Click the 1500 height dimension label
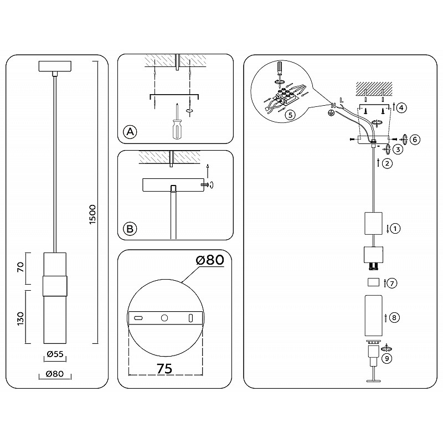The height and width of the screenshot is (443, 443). (x=92, y=214)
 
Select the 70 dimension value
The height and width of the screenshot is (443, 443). (x=21, y=267)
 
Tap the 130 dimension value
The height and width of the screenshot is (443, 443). (x=21, y=318)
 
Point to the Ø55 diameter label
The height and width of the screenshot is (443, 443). (x=55, y=354)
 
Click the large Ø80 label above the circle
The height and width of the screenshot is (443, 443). (x=210, y=260)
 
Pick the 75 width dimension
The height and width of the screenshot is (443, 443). (x=164, y=368)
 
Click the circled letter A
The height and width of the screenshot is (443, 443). (x=130, y=132)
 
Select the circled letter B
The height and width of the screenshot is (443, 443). (x=130, y=228)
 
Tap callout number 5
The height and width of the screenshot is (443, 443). (x=290, y=115)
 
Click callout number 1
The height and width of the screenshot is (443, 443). (x=395, y=228)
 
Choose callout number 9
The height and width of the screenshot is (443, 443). (x=387, y=358)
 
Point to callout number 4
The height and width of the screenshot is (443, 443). (x=401, y=107)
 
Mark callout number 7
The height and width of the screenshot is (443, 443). (x=392, y=283)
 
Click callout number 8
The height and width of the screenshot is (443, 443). (x=394, y=317)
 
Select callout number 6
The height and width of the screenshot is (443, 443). (x=415, y=140)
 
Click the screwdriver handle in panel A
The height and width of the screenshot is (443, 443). (x=176, y=130)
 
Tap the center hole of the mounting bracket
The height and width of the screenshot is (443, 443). (x=164, y=318)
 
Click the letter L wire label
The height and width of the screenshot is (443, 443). (x=341, y=100)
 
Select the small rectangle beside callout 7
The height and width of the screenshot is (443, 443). (x=373, y=282)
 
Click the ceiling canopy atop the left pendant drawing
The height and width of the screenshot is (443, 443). (x=55, y=66)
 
